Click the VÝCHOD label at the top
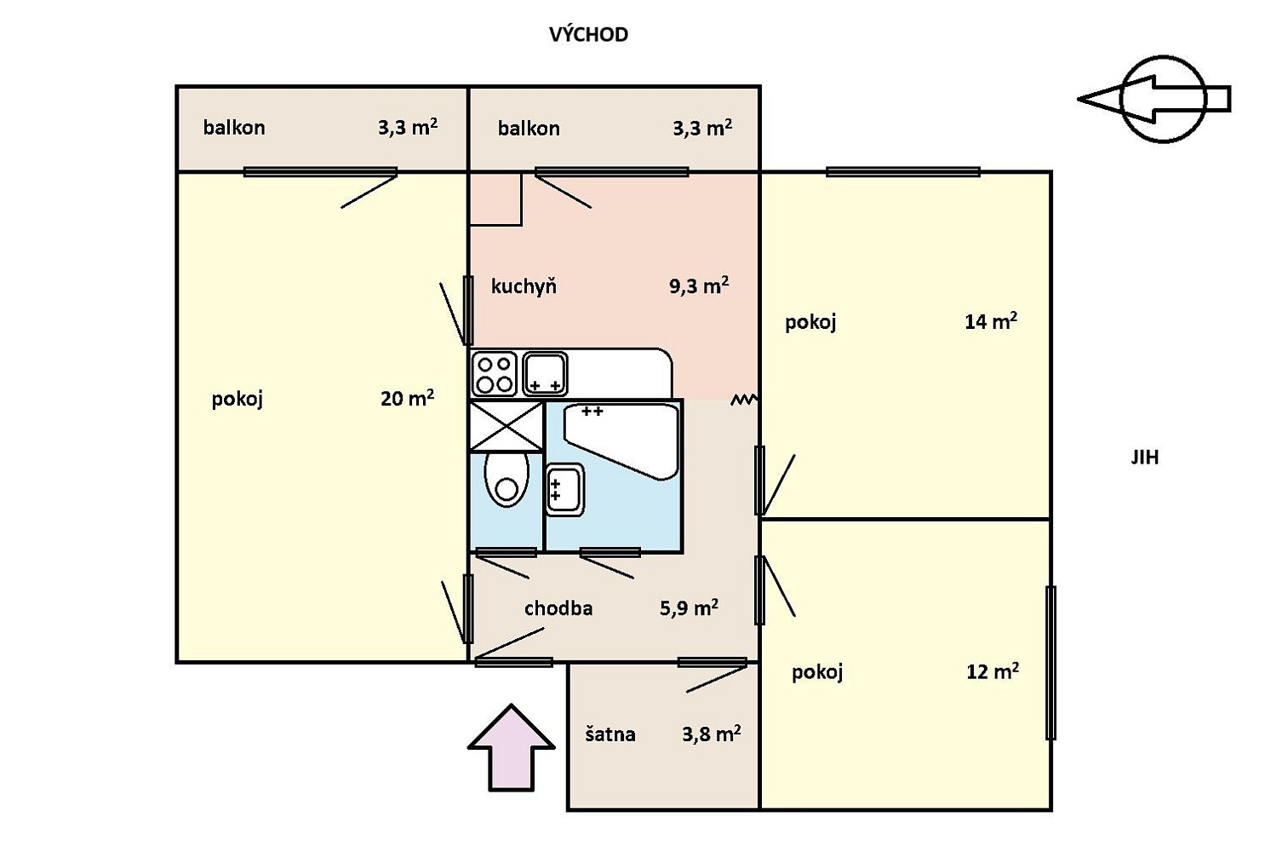pyautogui.click(x=588, y=34)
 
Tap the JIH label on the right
pyautogui.click(x=1145, y=458)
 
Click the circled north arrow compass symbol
pyautogui.click(x=1153, y=99)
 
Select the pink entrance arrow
pyautogui.click(x=511, y=748)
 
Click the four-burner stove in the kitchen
pyautogui.click(x=495, y=375)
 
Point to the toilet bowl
pyautogui.click(x=507, y=479)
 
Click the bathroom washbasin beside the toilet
pyautogui.click(x=565, y=489)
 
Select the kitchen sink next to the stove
pyautogui.click(x=545, y=373)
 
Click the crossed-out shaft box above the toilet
pyautogui.click(x=506, y=426)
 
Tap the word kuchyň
pyautogui.click(x=524, y=286)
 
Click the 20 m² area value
pyautogui.click(x=407, y=397)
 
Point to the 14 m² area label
pyautogui.click(x=991, y=321)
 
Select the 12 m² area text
pyautogui.click(x=993, y=671)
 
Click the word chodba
pyautogui.click(x=558, y=608)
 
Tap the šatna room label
pyautogui.click(x=610, y=734)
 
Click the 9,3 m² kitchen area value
pyautogui.click(x=699, y=285)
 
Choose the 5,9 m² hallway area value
pyautogui.click(x=689, y=607)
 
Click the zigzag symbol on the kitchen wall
pyautogui.click(x=744, y=400)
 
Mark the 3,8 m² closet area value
pyautogui.click(x=712, y=734)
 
